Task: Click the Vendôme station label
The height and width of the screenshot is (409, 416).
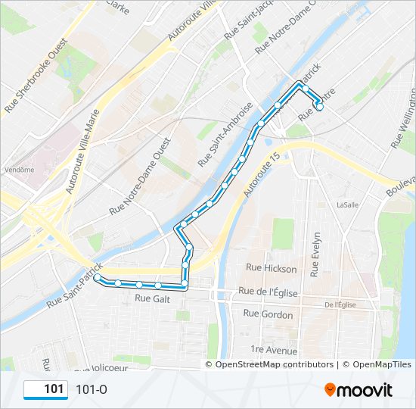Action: (19, 170)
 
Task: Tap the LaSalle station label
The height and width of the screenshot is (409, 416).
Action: (347, 204)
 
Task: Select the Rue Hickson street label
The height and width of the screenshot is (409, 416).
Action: (272, 268)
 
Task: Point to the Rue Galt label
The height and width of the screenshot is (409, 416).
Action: (152, 298)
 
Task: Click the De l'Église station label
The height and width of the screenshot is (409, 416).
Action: (340, 304)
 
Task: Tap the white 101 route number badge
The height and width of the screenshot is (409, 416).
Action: (45, 389)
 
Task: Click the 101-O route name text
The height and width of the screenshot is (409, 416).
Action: (92, 389)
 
